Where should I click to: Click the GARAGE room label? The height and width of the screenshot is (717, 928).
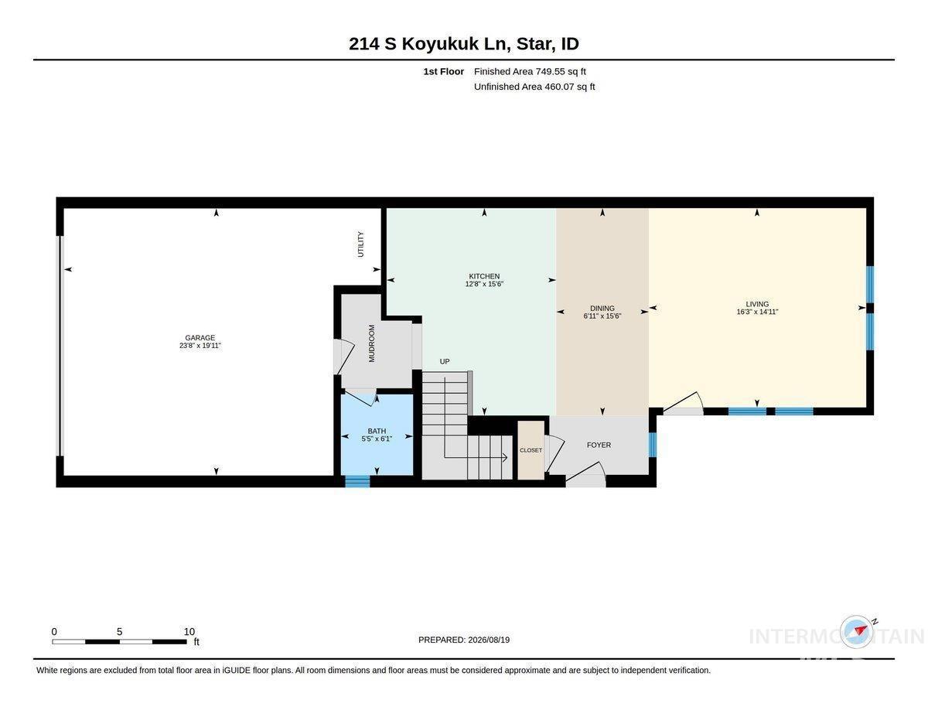200,337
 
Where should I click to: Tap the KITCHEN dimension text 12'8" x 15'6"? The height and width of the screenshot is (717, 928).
484,284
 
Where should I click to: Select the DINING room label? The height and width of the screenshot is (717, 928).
602,308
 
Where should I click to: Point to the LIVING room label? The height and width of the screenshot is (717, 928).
757,304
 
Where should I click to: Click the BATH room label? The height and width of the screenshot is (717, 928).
377,431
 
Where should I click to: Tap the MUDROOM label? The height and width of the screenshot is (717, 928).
371,343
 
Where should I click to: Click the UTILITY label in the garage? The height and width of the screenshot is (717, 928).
360,244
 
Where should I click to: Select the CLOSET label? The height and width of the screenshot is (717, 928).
531,450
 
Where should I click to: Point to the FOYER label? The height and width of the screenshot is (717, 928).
599,445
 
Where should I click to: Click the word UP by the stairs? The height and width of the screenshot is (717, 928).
445,361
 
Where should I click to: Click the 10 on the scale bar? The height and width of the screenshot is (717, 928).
189,632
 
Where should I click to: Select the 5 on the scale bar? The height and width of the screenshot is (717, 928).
120,632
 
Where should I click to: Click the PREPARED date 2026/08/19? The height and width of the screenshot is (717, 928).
489,640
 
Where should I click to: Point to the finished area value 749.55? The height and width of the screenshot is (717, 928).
551,71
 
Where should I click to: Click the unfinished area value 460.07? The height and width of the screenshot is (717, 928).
559,87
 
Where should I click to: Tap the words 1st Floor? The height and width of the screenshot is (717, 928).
443,71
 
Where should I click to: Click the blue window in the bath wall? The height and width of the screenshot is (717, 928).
357,482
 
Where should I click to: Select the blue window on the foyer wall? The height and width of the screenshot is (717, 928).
653,445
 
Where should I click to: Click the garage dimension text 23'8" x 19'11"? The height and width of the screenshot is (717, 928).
200,346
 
